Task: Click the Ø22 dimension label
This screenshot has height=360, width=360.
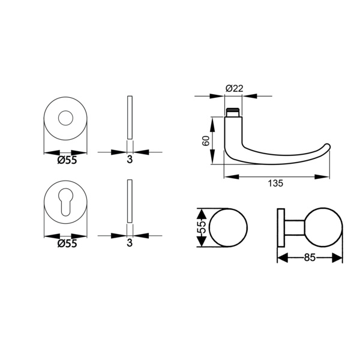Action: point(234,88)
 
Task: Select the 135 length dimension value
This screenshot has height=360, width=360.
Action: point(275,183)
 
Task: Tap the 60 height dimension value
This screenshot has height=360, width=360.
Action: point(206,141)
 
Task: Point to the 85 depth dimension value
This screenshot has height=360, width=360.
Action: point(310,257)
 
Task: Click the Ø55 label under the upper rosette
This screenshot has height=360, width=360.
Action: point(67,160)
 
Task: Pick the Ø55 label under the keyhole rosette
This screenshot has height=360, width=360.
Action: point(67,244)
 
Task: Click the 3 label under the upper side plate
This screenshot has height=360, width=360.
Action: point(130,160)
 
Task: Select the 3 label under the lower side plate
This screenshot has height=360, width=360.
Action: point(130,242)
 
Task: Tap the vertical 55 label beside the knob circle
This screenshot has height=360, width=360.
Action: point(202,227)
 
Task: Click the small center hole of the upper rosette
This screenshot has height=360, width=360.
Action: point(65,118)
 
